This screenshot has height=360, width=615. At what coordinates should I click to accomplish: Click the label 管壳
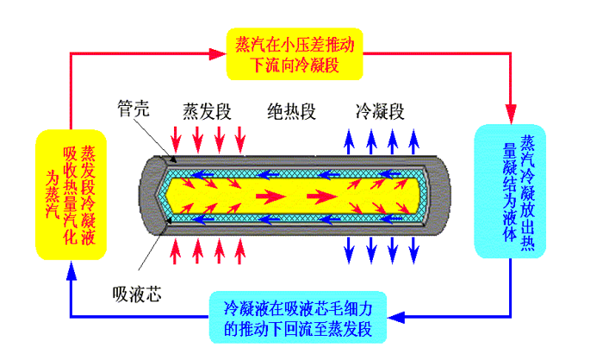(x=134, y=108)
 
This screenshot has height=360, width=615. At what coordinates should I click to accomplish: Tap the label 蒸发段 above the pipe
(x=207, y=111)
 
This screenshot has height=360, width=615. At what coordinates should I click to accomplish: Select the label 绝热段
(x=291, y=111)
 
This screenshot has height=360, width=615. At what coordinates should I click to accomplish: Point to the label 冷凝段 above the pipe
(x=380, y=111)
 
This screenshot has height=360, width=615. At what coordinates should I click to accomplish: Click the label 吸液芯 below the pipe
(x=136, y=295)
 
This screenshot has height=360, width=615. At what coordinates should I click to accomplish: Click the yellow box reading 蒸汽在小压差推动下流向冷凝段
(x=295, y=54)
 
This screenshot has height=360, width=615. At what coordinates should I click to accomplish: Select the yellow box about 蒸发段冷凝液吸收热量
(x=71, y=195)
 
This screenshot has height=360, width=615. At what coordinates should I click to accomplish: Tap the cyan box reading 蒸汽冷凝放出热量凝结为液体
(x=510, y=191)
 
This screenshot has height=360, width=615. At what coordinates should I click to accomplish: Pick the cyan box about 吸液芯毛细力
(x=298, y=318)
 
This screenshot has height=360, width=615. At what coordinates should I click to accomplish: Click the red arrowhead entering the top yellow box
(x=218, y=53)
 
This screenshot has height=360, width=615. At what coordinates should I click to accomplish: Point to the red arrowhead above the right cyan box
(x=510, y=115)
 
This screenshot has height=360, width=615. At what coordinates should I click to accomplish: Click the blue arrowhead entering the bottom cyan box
(x=396, y=317)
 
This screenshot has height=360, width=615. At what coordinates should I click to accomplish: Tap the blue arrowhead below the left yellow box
(x=71, y=270)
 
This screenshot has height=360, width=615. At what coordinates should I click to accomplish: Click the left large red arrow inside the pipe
(x=270, y=196)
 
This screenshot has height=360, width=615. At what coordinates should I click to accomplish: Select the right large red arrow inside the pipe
(x=322, y=196)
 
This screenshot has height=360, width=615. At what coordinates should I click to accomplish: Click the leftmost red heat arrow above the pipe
(x=176, y=140)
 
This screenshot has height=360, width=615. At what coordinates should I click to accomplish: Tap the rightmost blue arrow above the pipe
(x=413, y=141)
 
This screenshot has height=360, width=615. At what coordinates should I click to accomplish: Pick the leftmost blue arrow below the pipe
(x=349, y=250)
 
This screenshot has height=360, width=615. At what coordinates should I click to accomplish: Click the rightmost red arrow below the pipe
(x=240, y=251)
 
